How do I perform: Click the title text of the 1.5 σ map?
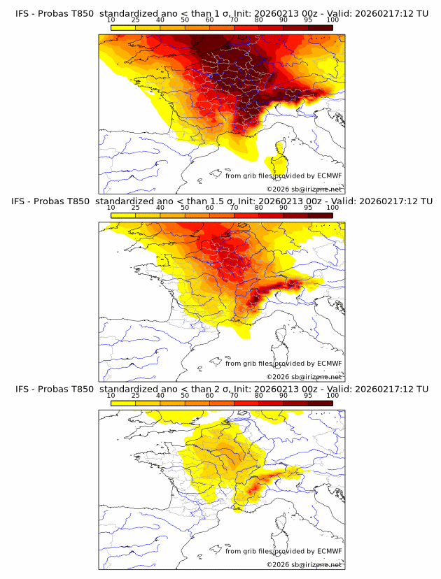pos(221,201)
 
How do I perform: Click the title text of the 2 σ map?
pos(221,389)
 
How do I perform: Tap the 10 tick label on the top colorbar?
pos(111,21)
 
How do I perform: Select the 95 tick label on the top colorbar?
pos(308,21)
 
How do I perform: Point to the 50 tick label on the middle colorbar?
pos(185,208)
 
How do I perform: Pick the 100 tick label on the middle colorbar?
pos(332,208)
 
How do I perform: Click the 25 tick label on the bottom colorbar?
pos(136,396)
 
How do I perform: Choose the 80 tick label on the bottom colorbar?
pos(259,396)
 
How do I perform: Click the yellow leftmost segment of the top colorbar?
pos(123,27)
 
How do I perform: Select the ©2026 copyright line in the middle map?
pos(304,376)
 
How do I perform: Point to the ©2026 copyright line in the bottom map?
pos(304,564)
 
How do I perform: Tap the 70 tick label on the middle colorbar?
pos(234,208)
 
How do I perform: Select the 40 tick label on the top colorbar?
pos(160,21)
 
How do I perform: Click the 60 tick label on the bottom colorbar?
pos(209,396)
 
